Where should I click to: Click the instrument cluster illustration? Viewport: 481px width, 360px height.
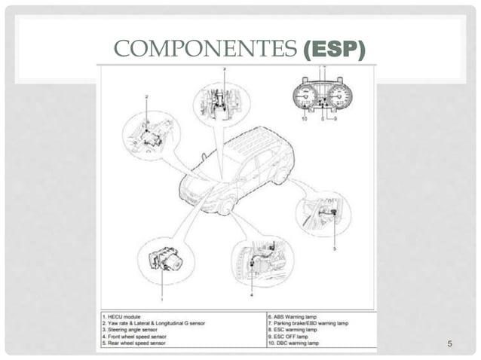pyautogui.click(x=323, y=97)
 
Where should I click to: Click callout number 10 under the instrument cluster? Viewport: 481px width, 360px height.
pyautogui.click(x=303, y=119)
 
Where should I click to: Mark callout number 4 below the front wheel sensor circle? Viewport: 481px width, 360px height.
pyautogui.click(x=251, y=296)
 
